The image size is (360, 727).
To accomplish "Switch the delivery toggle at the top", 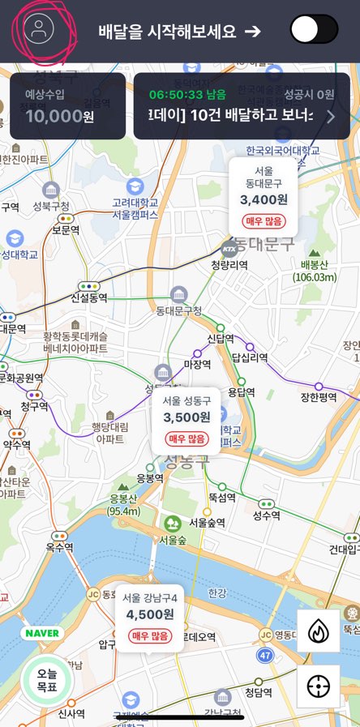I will (314, 30).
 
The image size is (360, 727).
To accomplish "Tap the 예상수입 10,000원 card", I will (67, 106).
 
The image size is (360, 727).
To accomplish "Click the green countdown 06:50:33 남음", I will (187, 94).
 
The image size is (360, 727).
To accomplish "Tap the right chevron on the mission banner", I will (330, 116).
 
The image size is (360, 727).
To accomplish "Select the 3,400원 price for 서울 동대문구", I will (264, 199).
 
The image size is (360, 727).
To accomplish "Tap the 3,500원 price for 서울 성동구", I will (186, 417).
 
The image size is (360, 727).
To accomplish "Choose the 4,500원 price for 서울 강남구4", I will (150, 614).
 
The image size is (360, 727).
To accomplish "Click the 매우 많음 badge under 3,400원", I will (264, 221).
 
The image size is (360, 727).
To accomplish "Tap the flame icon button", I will (319, 631).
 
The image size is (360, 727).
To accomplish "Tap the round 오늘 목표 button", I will (46, 680).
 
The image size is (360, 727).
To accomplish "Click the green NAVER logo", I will (42, 633).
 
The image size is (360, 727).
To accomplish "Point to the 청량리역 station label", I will (229, 264).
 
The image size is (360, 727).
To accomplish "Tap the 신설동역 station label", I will (89, 297).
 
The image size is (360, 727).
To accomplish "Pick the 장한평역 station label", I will (319, 397).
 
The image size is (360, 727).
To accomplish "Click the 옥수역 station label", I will (59, 547).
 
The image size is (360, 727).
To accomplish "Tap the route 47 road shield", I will (265, 653).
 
